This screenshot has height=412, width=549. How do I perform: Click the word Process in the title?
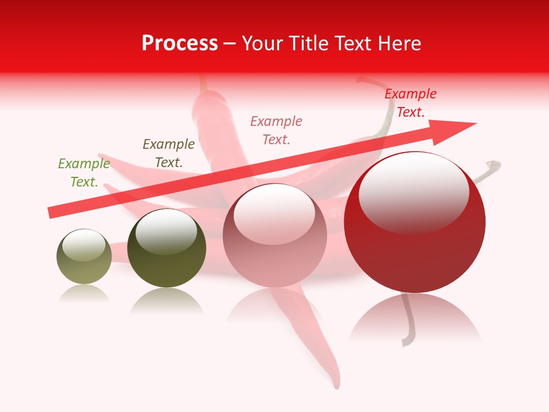click(x=180, y=43)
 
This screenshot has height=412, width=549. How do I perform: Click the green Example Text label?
click(x=84, y=173)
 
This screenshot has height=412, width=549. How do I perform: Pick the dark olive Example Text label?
click(x=169, y=153)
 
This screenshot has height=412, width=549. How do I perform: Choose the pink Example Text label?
click(x=276, y=130)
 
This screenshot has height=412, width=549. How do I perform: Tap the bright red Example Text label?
click(x=411, y=103)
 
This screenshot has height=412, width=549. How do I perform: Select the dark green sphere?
click(x=166, y=249)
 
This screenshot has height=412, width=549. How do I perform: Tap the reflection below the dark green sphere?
click(x=166, y=300)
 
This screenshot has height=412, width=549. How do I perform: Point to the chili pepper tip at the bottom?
click(x=337, y=384)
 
